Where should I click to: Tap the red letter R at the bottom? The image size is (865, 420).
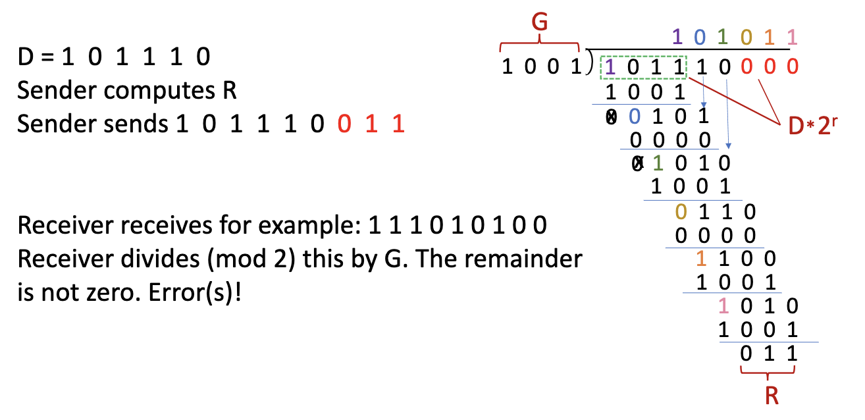click(772, 396)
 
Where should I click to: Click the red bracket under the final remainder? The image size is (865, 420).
click(770, 373)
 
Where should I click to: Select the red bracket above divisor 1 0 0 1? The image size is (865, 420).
click(540, 46)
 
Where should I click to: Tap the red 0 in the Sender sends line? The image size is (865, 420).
click(342, 124)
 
